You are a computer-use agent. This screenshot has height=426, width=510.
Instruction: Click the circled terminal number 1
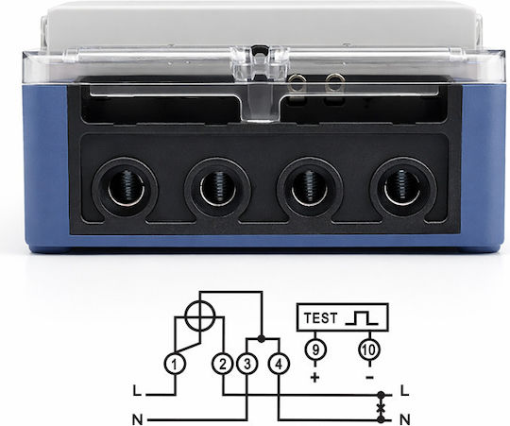pos(176,365)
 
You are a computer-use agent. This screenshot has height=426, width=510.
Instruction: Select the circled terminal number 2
pos(223,365)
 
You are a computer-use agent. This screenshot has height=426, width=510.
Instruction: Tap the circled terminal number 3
pos(247,365)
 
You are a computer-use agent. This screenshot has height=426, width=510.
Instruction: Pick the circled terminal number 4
pos(279,365)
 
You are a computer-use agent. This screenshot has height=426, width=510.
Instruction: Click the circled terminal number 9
pos(315,349)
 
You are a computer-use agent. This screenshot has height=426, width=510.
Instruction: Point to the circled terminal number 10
pos(370,349)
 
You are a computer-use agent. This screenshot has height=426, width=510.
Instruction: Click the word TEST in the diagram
pos(321,317)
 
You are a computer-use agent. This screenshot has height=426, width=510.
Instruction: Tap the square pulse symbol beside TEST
pos(362,317)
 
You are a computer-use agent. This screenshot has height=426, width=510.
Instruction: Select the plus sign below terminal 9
pos(315,377)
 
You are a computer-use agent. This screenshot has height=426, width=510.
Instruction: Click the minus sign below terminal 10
pos(369,378)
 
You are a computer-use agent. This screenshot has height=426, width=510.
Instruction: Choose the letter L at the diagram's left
pos(137,390)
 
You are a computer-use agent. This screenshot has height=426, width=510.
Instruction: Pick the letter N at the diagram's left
pos(138,419)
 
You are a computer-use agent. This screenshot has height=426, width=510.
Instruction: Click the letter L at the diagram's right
pos(404,390)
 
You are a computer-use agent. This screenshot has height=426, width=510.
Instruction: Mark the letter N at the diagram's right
pos(405,419)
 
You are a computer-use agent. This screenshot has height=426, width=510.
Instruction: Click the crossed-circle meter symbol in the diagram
pos(200,315)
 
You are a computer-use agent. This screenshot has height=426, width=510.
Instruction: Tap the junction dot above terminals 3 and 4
pos(261,339)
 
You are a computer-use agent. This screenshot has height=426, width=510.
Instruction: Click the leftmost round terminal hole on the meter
pos(126,190)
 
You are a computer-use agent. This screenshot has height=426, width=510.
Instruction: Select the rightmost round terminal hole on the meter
pos(403,190)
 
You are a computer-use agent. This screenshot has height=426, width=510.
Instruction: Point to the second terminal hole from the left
pos(217,190)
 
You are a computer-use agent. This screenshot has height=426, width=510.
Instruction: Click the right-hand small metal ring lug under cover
pos(333,81)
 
